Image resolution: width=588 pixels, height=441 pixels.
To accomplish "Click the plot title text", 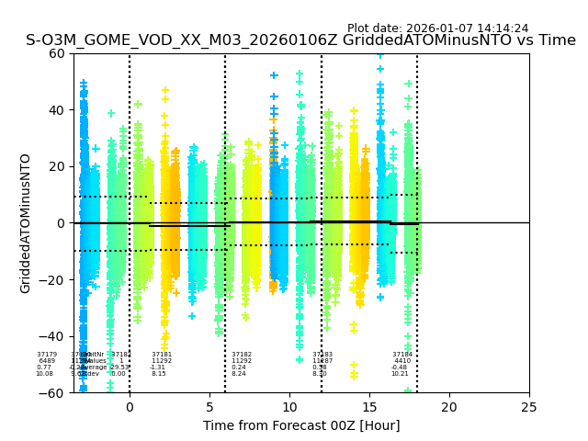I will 300,40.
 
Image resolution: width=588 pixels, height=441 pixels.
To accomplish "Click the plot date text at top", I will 437,28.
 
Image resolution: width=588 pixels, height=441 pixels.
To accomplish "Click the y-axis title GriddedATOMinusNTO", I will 26,223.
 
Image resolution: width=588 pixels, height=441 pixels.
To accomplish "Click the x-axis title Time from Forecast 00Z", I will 300,425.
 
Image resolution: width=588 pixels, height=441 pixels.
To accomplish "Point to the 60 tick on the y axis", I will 57,53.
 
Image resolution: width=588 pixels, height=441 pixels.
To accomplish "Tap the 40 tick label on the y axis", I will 57,110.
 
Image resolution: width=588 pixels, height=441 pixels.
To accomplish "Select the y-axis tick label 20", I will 57,166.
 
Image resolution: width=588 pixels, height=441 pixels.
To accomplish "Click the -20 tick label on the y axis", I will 53,280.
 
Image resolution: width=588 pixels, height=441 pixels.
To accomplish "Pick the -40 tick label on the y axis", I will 53,336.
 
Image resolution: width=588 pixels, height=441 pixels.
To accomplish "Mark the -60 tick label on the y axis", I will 53,393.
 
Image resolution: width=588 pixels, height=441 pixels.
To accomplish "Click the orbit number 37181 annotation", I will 162,355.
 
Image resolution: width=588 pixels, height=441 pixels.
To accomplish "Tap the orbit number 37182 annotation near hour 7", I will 242,355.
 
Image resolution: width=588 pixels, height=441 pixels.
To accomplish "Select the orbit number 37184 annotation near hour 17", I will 402,355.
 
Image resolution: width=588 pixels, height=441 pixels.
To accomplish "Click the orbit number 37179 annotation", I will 47,355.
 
